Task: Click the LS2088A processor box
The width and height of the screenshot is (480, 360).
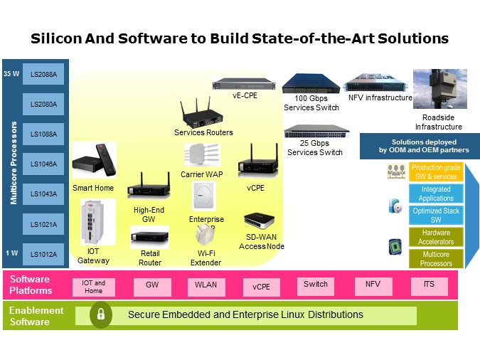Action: point(43,74)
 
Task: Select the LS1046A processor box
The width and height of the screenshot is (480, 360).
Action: point(43,164)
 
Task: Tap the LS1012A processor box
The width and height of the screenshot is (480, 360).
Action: point(43,254)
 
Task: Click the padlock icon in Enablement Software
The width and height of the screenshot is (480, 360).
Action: point(101,314)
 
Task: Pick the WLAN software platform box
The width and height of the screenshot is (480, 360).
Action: point(206,286)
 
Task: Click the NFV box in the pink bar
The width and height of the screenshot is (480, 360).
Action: point(373,286)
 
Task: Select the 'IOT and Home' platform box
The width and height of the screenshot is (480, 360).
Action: point(93,286)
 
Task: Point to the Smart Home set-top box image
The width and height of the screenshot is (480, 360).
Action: point(94,162)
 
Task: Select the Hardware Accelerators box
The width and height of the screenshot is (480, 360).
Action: point(435,237)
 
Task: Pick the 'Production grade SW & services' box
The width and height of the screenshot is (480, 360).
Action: point(435,171)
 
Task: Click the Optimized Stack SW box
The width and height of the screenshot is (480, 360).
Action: point(435,215)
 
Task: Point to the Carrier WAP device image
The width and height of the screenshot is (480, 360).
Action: point(203,154)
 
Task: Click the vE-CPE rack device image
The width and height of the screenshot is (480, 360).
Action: point(245,84)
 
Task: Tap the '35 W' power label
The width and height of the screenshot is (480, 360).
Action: point(11,74)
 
